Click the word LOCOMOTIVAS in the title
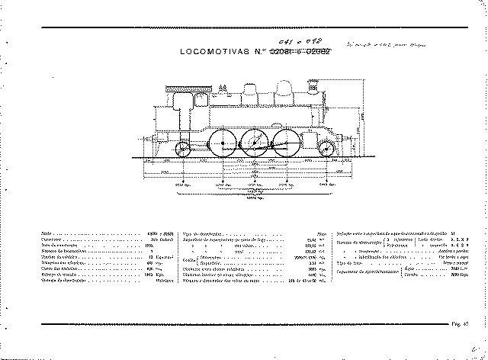coord(215,53)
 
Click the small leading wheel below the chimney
coord(326,149)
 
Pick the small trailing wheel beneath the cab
coord(184,149)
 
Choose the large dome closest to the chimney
coord(283,92)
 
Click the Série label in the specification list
coord(47,234)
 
